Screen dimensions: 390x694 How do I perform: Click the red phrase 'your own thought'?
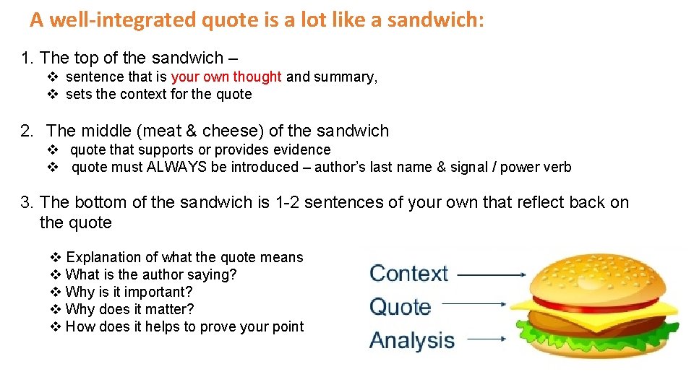(226, 77)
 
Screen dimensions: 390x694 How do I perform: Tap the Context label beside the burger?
(409, 274)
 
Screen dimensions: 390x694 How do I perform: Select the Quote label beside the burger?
(400, 307)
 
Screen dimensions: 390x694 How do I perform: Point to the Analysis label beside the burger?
(412, 340)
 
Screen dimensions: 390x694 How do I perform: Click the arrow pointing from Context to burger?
(492, 274)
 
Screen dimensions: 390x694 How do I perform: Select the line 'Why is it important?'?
(129, 292)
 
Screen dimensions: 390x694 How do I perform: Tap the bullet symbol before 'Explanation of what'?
(56, 257)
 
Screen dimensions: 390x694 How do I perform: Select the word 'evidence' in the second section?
(304, 149)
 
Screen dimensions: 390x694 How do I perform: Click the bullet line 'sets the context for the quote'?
(158, 94)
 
